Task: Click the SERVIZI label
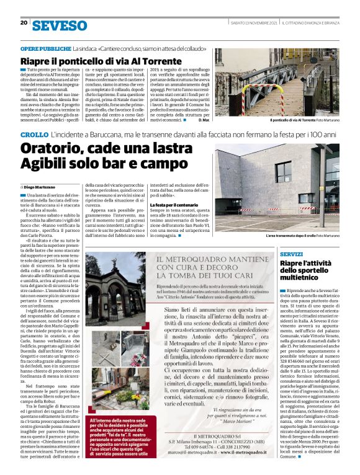coord(273,255)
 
